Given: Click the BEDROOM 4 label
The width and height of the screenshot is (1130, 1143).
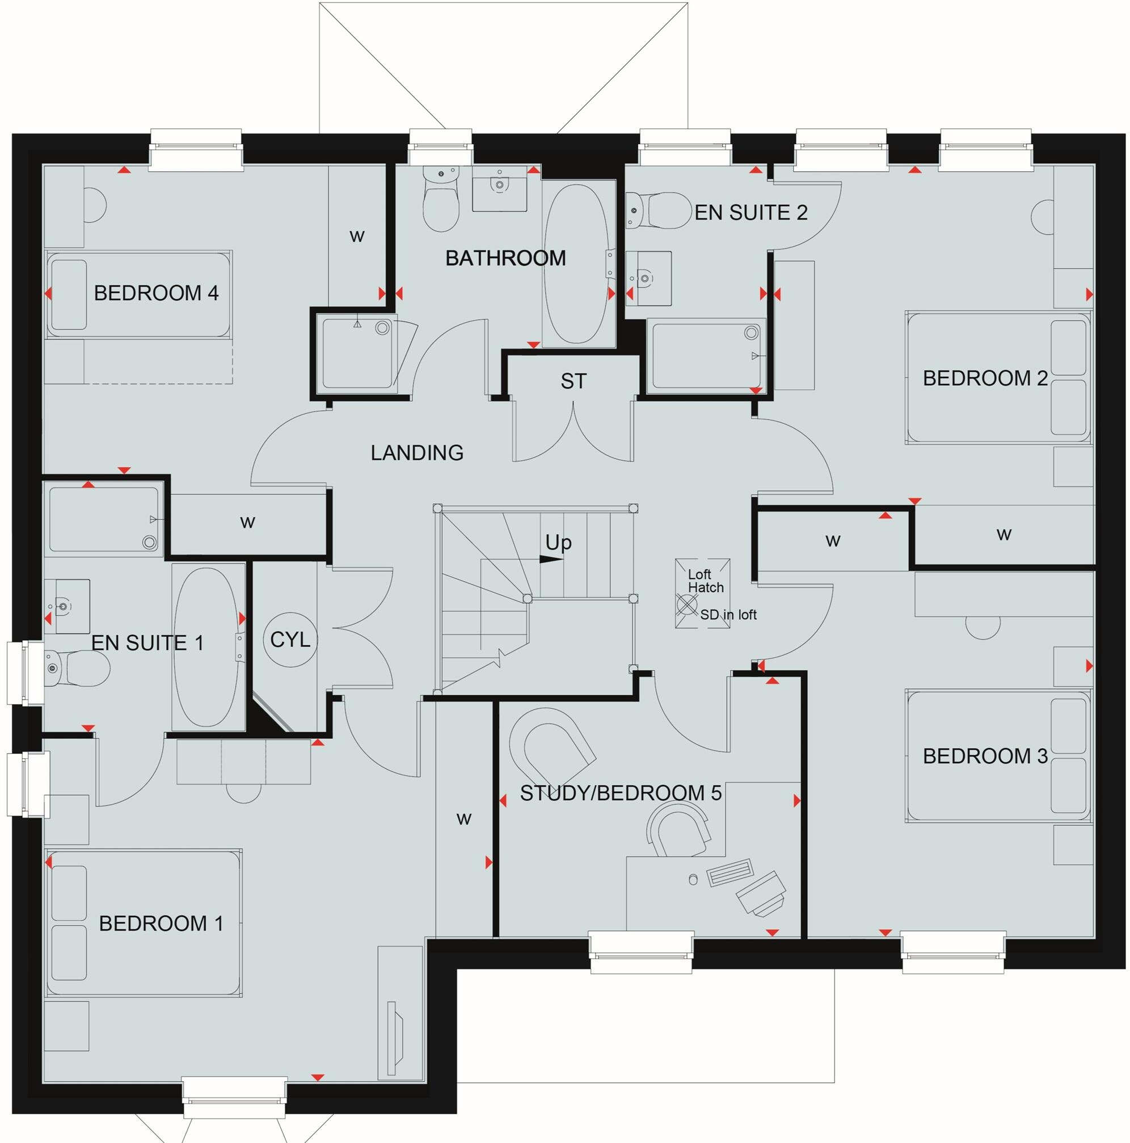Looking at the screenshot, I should click(x=156, y=293).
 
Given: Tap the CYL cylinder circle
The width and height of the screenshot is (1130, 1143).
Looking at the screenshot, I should click(x=290, y=640).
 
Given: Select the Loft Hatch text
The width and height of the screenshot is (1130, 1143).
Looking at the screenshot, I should click(x=705, y=581).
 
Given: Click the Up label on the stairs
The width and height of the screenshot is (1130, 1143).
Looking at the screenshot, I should click(x=558, y=542).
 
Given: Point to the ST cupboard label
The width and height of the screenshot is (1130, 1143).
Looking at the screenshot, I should click(x=573, y=381).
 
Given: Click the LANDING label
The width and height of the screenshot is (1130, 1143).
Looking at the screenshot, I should click(x=417, y=452).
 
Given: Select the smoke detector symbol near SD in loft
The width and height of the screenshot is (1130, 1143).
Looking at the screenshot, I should click(x=687, y=605).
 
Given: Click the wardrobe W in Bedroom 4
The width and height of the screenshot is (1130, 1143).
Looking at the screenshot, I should click(x=357, y=237).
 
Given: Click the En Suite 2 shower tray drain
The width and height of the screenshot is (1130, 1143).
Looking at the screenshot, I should click(x=751, y=333).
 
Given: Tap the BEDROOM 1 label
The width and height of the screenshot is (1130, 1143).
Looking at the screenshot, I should click(x=161, y=923).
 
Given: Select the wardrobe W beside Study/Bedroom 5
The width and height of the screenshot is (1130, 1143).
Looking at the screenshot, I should click(x=463, y=820).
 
